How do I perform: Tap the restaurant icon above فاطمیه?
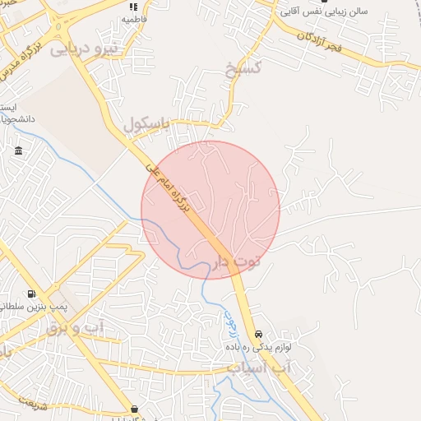(x=132, y=6)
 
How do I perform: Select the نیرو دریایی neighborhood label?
(x=85, y=49)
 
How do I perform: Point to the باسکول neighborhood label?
(x=146, y=124)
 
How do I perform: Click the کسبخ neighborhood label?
(x=244, y=66)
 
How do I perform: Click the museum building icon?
(x=19, y=151)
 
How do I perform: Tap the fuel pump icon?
(x=31, y=294)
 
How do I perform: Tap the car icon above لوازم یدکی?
(x=259, y=335)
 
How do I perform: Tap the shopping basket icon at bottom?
(x=134, y=409)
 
